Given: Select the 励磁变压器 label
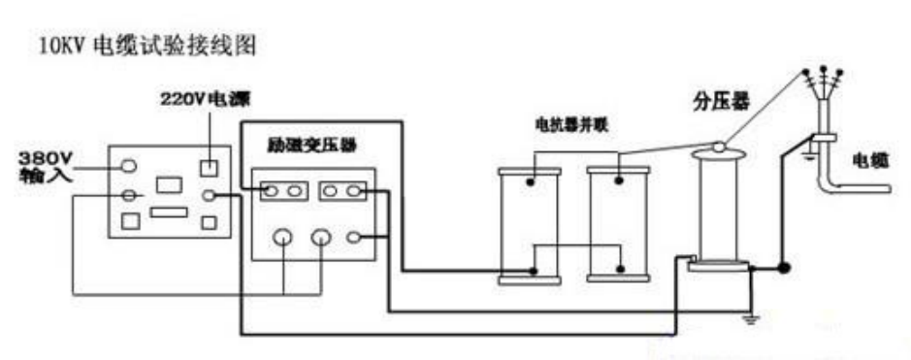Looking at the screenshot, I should pos(311,144).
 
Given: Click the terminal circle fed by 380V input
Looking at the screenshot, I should pos(128,167).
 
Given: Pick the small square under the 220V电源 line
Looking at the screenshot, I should pos(208,167).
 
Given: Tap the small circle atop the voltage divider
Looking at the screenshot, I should pos(718,147).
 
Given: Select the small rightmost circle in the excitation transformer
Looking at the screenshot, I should pos(355,236).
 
